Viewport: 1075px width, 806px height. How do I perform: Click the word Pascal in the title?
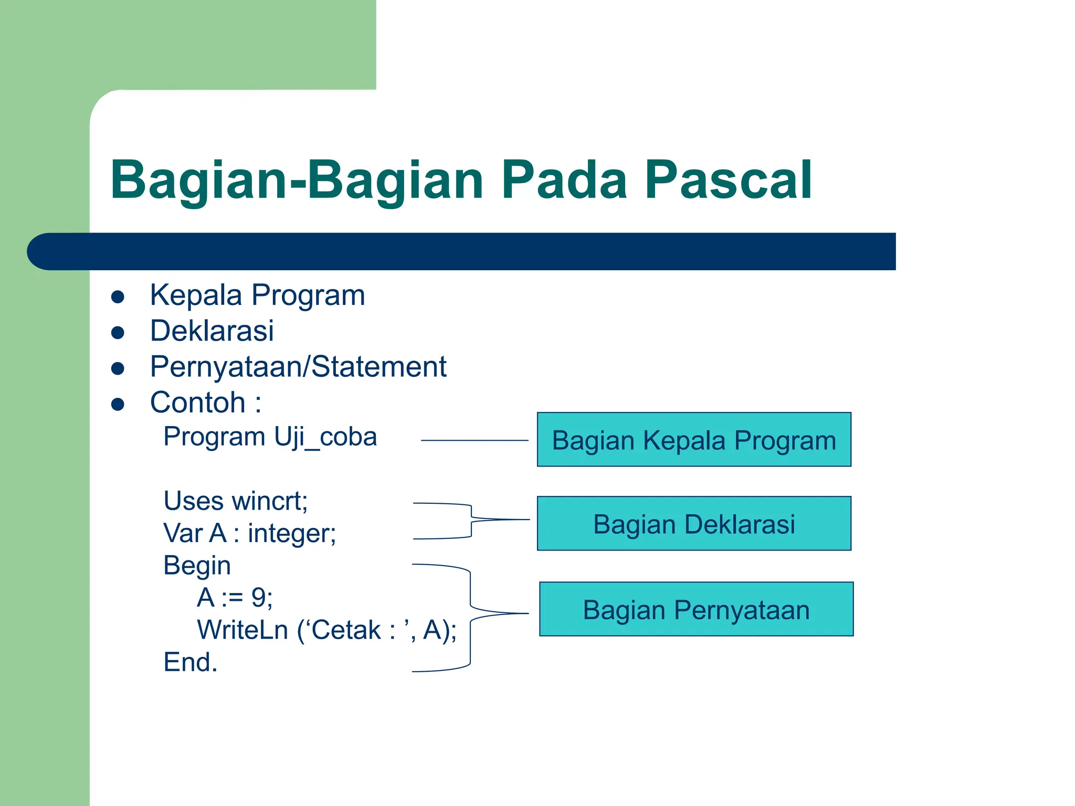[x=728, y=180]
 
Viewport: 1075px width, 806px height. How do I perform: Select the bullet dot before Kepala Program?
[x=118, y=297]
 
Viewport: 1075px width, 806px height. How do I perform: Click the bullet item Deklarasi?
[x=212, y=331]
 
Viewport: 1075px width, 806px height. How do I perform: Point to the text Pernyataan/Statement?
[x=298, y=367]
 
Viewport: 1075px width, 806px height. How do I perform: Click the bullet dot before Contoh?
[x=118, y=404]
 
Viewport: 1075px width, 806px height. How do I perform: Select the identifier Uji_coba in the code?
[x=325, y=437]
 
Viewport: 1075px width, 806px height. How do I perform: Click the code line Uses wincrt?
[x=235, y=501]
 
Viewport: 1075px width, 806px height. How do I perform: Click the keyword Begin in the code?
[x=197, y=566]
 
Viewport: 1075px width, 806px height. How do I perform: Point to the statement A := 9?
[x=235, y=598]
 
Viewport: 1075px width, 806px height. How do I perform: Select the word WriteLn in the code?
[x=243, y=630]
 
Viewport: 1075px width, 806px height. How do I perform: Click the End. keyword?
[x=190, y=662]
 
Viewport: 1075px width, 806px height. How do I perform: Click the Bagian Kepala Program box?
[x=693, y=440]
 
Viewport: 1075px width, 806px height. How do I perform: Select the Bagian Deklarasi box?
[x=693, y=524]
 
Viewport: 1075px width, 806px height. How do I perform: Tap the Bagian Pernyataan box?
[x=696, y=609]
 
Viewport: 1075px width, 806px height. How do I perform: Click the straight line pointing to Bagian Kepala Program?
[x=474, y=441]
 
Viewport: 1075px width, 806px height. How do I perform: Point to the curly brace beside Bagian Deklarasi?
[x=471, y=520]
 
